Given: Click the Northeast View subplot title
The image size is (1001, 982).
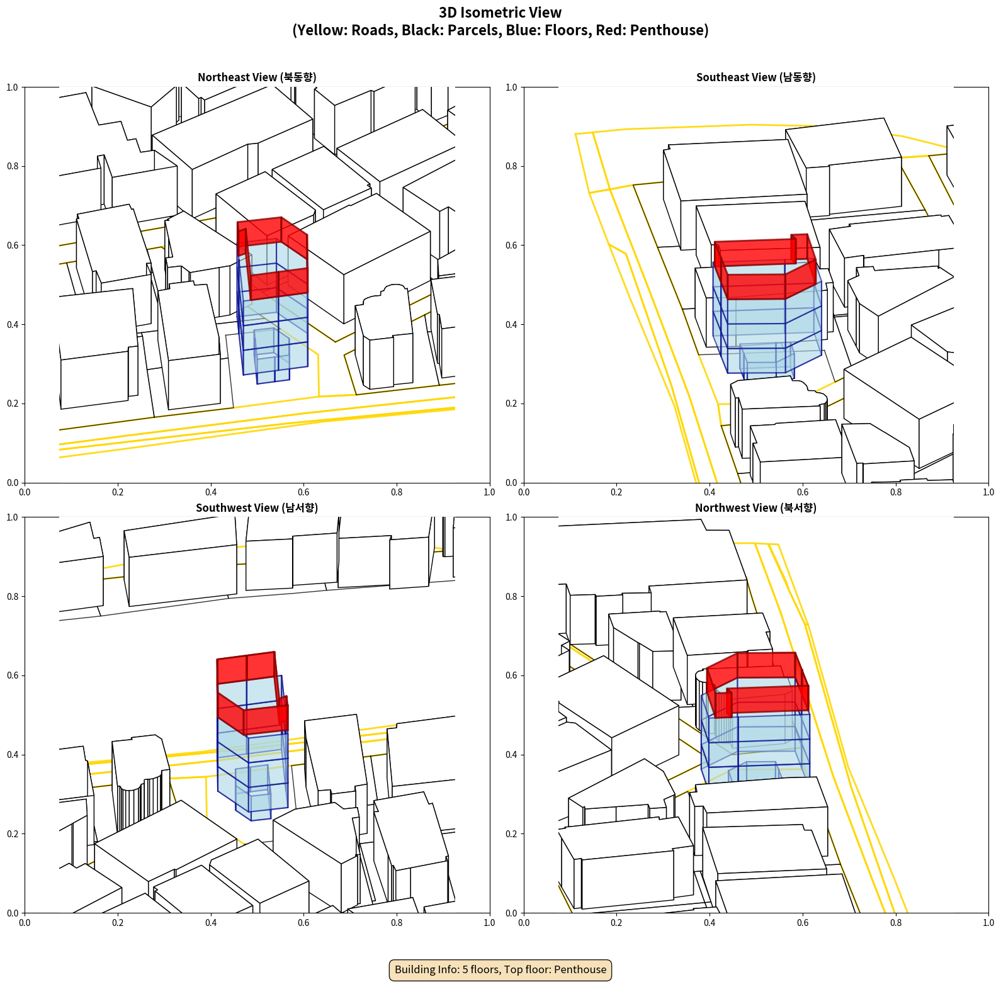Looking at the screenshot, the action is (x=257, y=77).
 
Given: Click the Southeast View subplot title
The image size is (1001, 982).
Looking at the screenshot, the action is (x=755, y=77).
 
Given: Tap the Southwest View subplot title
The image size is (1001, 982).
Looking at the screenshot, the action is (x=257, y=508).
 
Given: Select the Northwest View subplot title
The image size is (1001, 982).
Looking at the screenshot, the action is (x=755, y=508).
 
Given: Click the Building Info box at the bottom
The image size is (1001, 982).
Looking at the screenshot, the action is (x=500, y=969).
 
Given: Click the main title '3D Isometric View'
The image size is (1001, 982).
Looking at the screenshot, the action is (x=500, y=13).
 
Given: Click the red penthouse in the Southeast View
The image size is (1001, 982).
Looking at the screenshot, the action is (x=765, y=268).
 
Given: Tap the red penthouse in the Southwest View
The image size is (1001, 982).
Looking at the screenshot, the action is (x=252, y=692).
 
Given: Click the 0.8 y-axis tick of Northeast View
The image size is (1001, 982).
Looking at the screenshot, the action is (x=13, y=166).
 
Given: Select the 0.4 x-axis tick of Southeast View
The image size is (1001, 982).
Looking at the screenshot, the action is (x=710, y=492).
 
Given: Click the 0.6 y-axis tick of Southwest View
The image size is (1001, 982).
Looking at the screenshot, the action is (x=13, y=675).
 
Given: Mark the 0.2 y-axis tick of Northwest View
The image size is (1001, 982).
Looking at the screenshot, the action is (x=511, y=834).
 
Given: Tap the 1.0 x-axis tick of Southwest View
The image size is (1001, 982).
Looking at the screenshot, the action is (x=490, y=923).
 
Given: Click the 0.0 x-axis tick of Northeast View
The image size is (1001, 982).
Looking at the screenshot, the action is (x=25, y=492).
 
